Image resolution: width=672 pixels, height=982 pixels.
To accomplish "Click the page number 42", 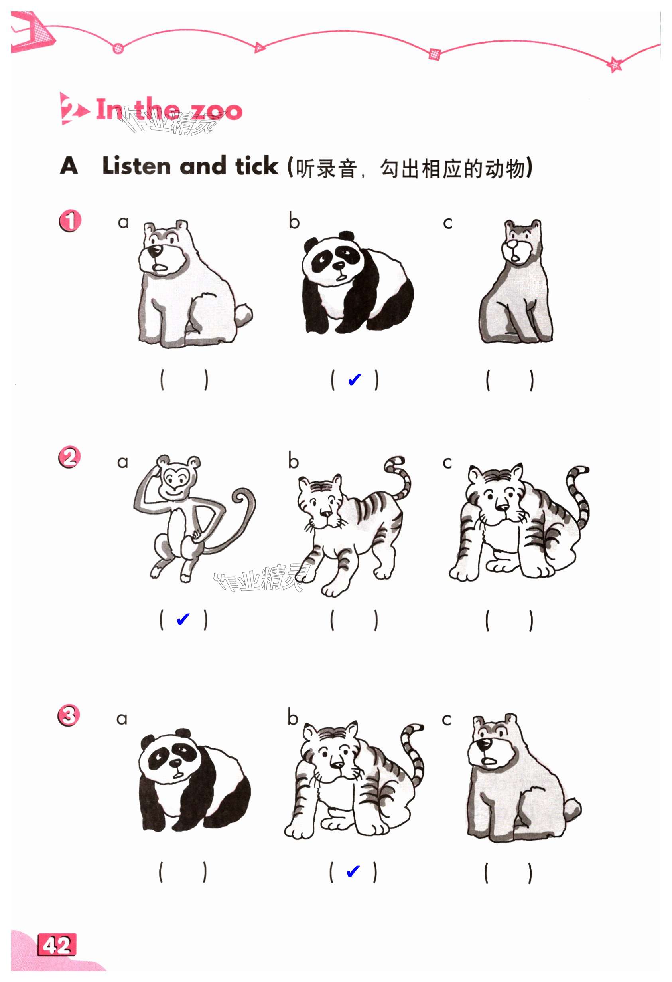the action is tap(57, 945).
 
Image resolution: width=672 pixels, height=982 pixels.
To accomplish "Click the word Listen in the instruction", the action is tap(136, 166).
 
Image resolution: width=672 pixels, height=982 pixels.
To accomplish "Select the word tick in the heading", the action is tap(257, 166).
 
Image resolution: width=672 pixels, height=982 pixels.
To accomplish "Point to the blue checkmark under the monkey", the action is tap(183, 620).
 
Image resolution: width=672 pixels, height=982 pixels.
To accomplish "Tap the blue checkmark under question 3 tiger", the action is tap(353, 871).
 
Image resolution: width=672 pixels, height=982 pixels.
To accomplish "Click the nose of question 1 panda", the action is tap(338, 266).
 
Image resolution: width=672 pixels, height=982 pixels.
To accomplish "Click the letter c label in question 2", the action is tap(447, 463).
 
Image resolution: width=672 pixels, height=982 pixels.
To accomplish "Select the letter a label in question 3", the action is tap(122, 719).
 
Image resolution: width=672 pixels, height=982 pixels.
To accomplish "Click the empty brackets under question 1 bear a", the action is tap(184, 380).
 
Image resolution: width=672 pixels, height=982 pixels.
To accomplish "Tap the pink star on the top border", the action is tap(615, 64).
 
